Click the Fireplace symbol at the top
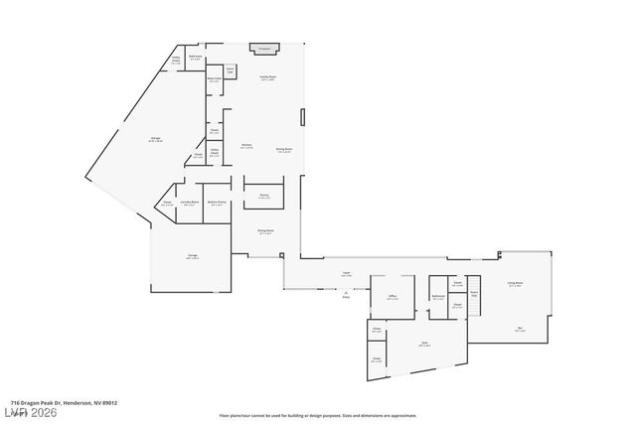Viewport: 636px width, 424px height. click(264, 47)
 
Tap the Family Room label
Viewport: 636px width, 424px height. click(267, 77)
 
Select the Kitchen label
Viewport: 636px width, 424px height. click(245, 146)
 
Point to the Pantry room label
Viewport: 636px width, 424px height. click(264, 197)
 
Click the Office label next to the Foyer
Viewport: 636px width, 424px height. click(393, 297)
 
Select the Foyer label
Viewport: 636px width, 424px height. click(347, 273)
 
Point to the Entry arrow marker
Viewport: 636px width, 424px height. click(346, 293)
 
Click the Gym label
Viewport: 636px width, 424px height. click(423, 344)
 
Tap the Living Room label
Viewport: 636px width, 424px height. click(515, 283)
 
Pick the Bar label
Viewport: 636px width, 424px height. click(520, 330)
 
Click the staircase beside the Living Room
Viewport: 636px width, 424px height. click(474, 295)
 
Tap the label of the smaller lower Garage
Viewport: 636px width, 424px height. click(192, 255)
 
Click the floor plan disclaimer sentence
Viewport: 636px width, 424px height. click(318, 415)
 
